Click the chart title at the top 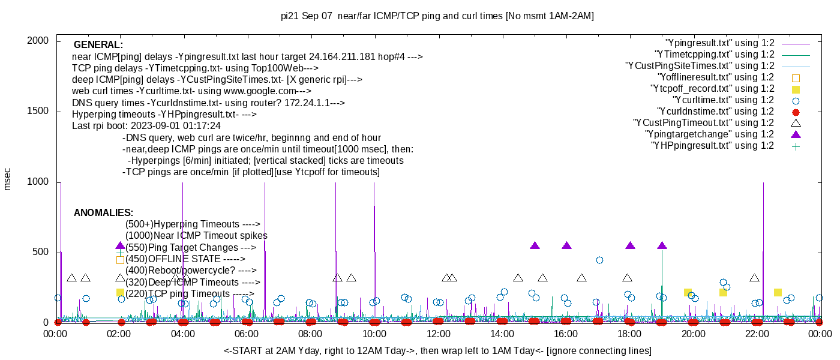[x=437, y=16]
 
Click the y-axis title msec [x=8, y=179]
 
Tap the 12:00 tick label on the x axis [x=438, y=335]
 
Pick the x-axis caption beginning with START [x=437, y=350]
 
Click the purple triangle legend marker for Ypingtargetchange [x=796, y=134]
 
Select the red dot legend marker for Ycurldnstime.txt [x=796, y=112]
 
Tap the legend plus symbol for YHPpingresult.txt [x=796, y=146]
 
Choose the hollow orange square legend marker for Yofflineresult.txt [x=796, y=77]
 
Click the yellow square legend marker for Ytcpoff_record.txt [x=796, y=89]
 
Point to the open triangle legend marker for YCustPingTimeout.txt [x=796, y=123]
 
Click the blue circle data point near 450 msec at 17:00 [x=599, y=260]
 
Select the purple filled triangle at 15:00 [x=535, y=245]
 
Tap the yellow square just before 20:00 [x=688, y=292]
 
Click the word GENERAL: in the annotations [x=98, y=45]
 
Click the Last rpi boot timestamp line [x=146, y=126]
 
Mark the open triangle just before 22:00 [x=754, y=278]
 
